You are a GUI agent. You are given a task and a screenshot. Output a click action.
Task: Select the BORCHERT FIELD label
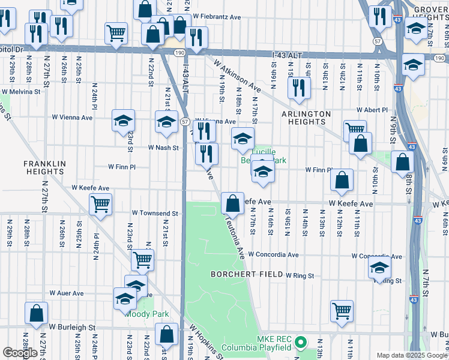246,274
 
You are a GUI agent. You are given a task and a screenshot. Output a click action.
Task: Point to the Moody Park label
146,314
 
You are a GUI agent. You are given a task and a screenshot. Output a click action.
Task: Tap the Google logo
20,352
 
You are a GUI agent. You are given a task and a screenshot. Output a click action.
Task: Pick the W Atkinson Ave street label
235,76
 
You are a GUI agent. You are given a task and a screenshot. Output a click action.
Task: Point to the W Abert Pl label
372,110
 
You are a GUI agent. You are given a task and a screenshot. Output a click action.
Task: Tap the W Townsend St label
155,213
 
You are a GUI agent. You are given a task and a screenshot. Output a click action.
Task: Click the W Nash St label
164,147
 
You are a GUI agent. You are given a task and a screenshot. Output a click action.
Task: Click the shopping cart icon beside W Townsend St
100,204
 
